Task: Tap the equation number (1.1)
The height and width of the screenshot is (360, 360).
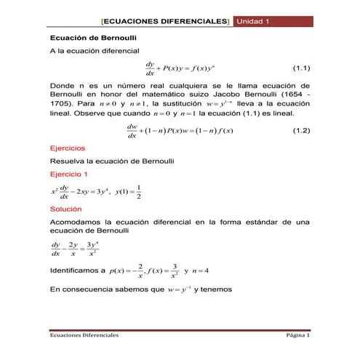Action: (301, 68)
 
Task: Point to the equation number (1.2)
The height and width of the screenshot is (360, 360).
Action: (301, 131)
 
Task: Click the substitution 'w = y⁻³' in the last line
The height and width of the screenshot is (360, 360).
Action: (178, 289)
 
